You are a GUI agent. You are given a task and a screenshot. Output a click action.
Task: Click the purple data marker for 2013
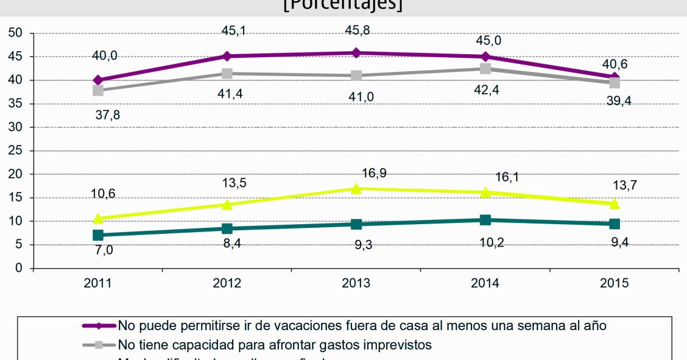click(356, 53)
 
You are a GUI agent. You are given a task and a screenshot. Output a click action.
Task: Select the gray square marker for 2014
click(485, 68)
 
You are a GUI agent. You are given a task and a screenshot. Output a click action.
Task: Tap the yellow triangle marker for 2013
click(356, 188)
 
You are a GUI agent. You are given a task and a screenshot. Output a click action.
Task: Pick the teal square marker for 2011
click(98, 235)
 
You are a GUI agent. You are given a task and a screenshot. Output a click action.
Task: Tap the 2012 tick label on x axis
click(227, 283)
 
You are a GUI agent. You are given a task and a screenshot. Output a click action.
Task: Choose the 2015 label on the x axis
click(615, 283)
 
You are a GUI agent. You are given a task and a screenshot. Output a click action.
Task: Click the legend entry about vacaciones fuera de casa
click(362, 326)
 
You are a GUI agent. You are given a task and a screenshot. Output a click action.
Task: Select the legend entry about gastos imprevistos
click(275, 345)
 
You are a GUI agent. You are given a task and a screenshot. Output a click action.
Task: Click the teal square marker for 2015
click(615, 224)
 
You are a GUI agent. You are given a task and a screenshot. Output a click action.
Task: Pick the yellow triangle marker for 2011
click(98, 218)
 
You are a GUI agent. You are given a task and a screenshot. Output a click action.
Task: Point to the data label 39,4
click(618, 101)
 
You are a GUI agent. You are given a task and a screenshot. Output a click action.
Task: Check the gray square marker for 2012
click(227, 74)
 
